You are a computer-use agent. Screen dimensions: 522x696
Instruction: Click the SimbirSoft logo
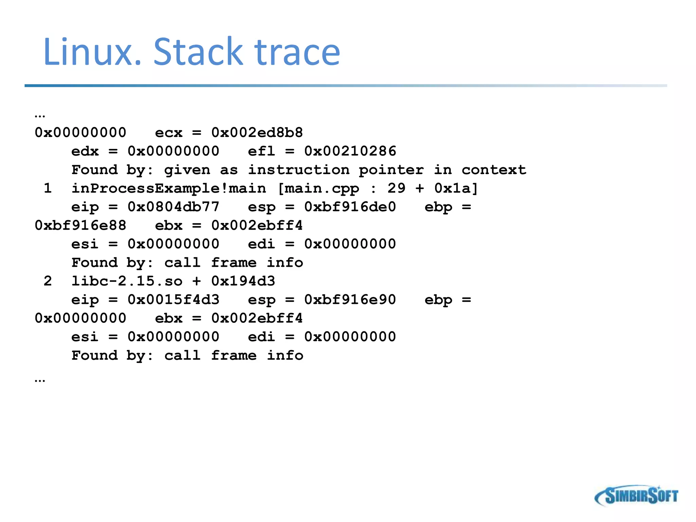point(636,496)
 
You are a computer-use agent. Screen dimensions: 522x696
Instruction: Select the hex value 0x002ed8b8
point(257,133)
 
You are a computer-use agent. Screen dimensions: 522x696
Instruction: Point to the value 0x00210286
point(350,151)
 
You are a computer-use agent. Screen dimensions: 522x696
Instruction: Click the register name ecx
point(169,133)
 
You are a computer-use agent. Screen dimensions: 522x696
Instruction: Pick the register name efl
point(261,151)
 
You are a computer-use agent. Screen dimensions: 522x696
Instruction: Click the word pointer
point(391,170)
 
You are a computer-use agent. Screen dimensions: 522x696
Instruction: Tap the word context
point(493,170)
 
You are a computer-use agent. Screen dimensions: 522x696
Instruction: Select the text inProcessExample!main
point(169,188)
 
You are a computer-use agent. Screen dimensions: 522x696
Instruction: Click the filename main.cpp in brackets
point(321,188)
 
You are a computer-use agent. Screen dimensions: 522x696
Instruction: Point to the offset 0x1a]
point(456,188)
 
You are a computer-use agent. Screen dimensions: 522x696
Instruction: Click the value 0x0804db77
point(173,207)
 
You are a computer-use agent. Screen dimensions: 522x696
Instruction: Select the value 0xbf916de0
point(350,207)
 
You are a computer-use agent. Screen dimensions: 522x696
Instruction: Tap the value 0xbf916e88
point(81,225)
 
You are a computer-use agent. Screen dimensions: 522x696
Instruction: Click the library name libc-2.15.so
point(127,281)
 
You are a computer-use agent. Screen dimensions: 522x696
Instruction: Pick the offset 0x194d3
point(243,281)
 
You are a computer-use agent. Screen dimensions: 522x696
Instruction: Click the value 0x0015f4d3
point(173,300)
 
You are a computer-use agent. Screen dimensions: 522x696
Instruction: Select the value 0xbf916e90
point(350,300)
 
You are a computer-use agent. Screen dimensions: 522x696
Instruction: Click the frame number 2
point(48,281)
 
